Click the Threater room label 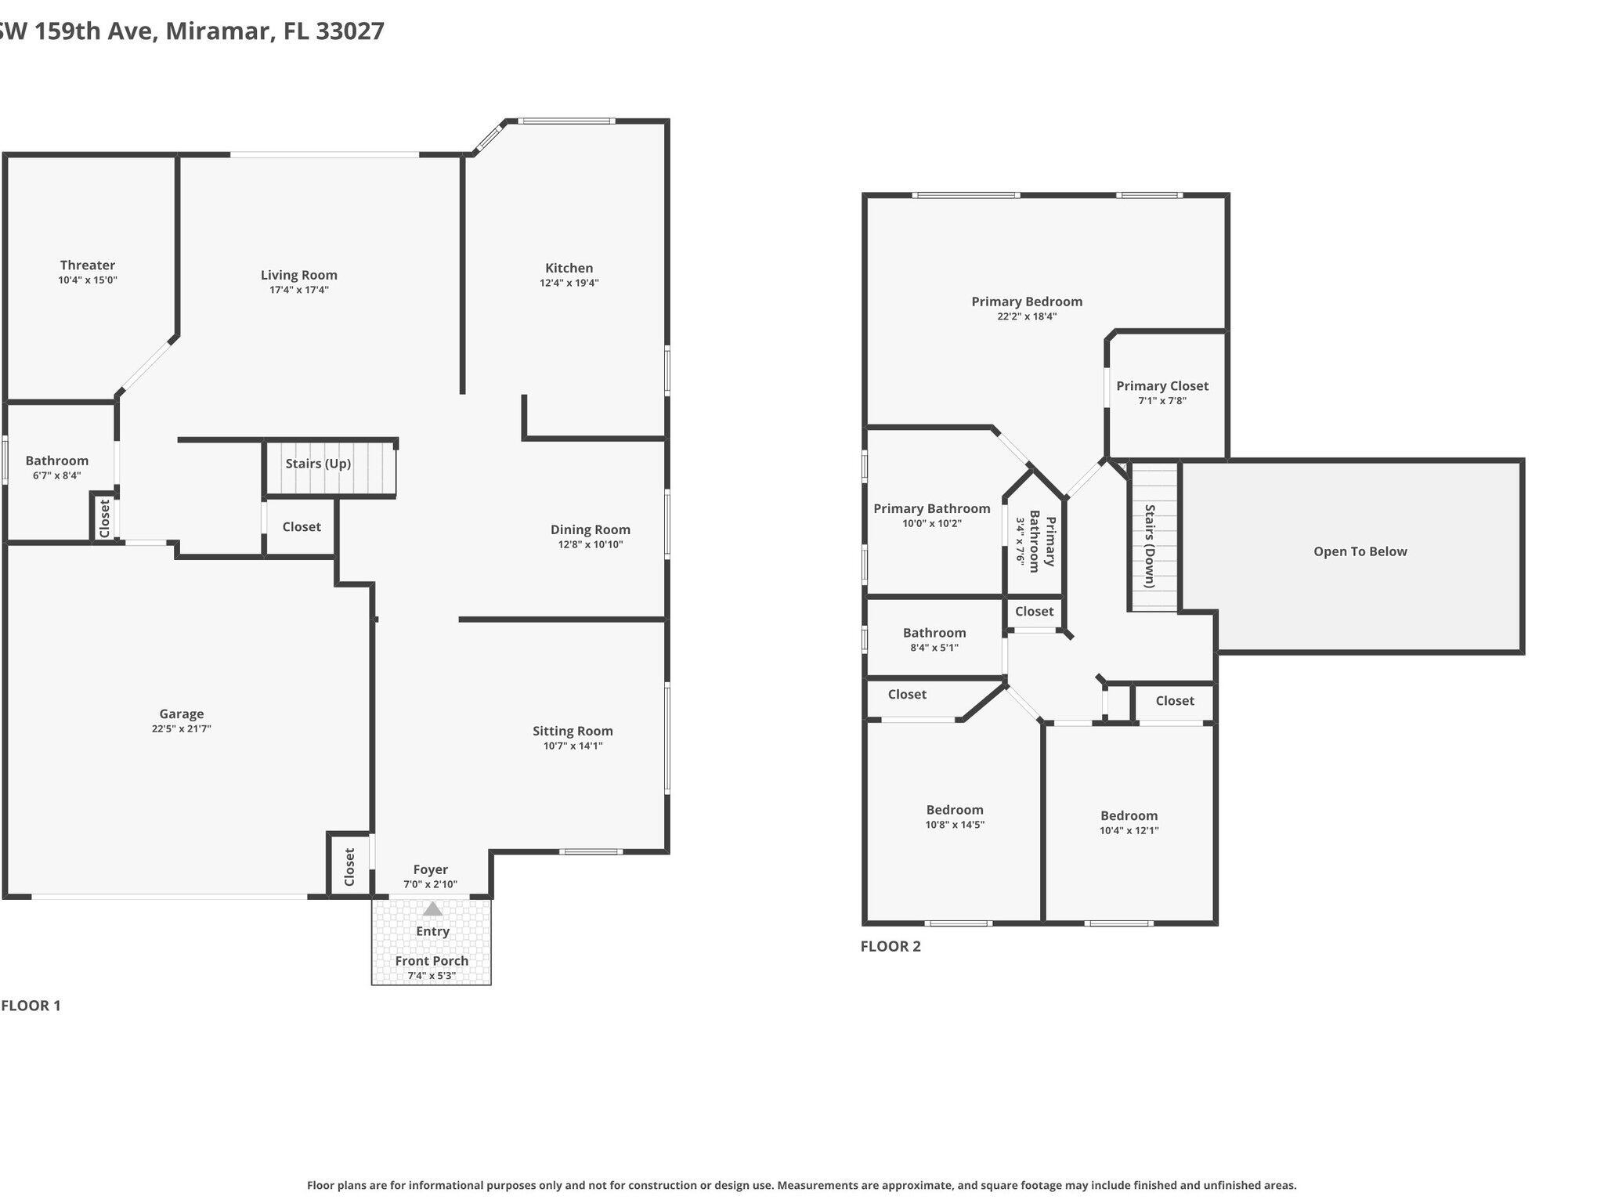[x=87, y=266]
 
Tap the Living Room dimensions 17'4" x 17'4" [x=298, y=290]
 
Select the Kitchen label [x=569, y=268]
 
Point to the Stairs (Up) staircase [x=329, y=467]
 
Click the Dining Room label [x=590, y=529]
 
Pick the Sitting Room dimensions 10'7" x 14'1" [x=573, y=746]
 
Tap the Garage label [x=181, y=713]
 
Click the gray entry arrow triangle [x=432, y=909]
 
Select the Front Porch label [x=432, y=961]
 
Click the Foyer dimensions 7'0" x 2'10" [x=430, y=884]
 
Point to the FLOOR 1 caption [x=31, y=1006]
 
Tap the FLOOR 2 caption [x=891, y=946]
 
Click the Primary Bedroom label [x=1026, y=302]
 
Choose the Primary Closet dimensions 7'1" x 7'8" [x=1161, y=400]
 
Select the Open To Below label [x=1360, y=551]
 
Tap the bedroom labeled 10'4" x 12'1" [x=1129, y=822]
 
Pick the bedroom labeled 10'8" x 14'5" [x=954, y=817]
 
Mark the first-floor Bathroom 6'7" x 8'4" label [x=56, y=461]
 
